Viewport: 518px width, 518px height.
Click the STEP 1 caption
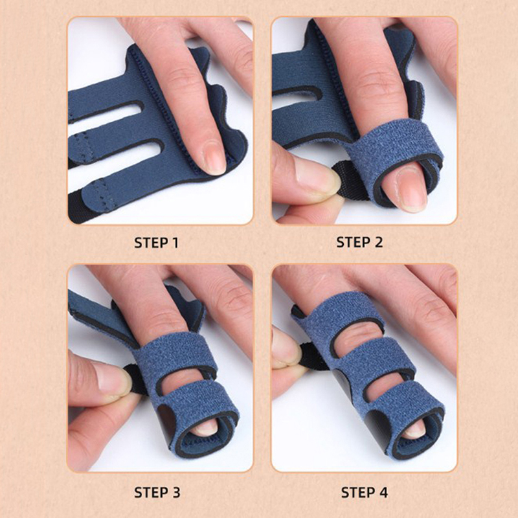tap(156, 243)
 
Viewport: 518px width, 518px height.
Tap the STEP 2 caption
tap(359, 242)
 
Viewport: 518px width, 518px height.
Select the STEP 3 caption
tap(157, 492)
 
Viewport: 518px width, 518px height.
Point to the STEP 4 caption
tap(365, 492)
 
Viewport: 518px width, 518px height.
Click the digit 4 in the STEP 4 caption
tap(383, 492)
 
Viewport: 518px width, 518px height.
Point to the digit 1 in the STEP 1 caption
tap(175, 243)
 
